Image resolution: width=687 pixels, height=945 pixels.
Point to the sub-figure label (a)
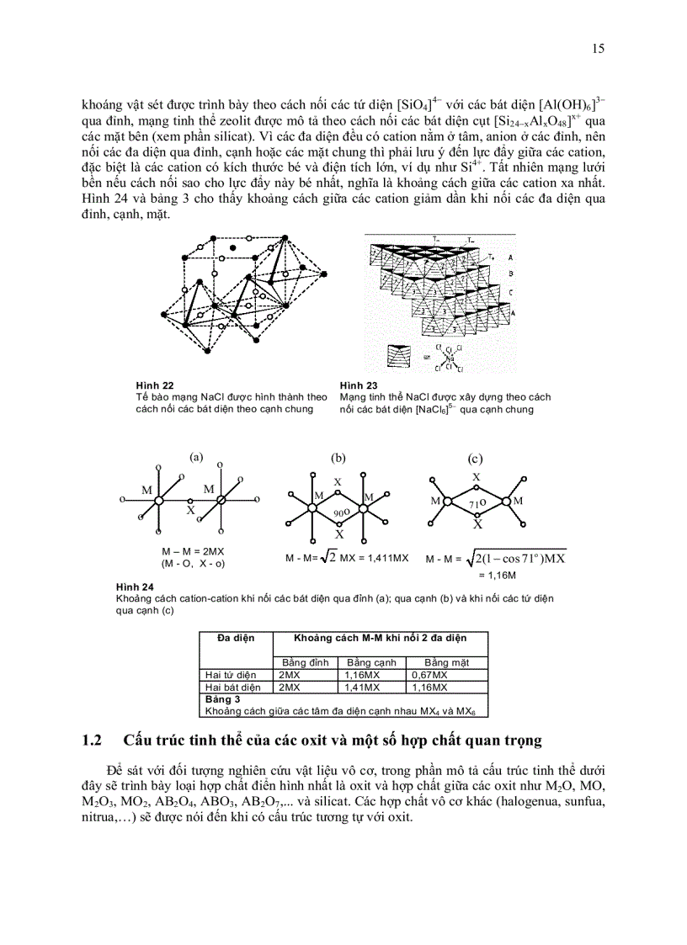[x=196, y=457]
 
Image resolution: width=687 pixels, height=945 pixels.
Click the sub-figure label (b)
[x=338, y=458]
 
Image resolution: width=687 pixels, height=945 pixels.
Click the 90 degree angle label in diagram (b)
[x=338, y=512]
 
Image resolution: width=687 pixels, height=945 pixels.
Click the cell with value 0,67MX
[x=428, y=675]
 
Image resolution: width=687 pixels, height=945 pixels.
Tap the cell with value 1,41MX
[x=361, y=687]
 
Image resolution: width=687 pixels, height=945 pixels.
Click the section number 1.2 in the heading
[x=92, y=741]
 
